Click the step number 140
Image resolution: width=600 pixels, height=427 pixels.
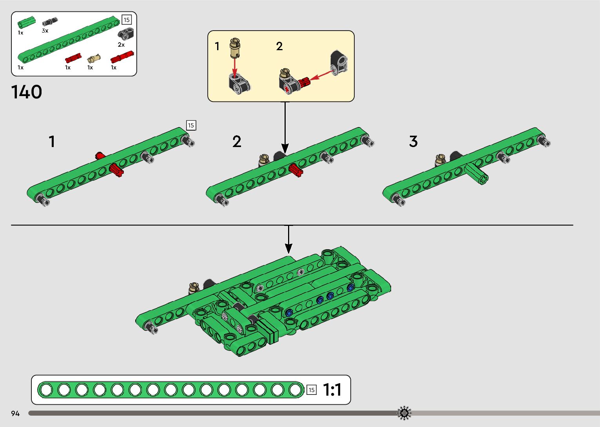27,93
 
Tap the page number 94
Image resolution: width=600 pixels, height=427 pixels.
15,413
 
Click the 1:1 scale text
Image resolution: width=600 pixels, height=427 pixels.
332,390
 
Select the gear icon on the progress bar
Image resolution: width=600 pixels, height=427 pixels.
404,413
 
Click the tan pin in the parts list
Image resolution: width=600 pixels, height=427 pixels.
93,59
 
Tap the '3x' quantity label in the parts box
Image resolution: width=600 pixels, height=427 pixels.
45,31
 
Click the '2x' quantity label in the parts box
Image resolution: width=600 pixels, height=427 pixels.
121,45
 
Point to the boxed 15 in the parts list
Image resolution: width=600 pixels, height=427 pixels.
126,20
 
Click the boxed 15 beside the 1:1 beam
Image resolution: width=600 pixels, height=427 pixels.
311,390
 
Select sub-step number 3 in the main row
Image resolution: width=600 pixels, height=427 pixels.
413,141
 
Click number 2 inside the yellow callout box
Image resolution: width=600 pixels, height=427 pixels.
279,46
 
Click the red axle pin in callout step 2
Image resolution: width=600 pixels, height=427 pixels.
305,82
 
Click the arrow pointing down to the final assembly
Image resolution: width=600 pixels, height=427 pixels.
288,239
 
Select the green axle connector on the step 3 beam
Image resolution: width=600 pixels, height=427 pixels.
477,174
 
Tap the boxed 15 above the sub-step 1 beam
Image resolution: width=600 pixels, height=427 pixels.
191,125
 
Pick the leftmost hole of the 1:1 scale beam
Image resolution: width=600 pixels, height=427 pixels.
46,390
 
